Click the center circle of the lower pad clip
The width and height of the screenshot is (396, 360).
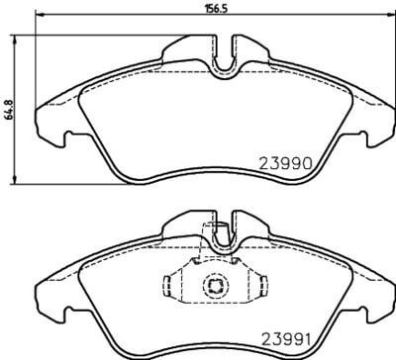click(x=215, y=287)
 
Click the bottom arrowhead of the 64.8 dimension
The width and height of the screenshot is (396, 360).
click(x=14, y=180)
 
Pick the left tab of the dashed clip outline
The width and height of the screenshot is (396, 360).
click(x=169, y=287)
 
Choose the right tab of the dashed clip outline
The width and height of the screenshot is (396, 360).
click(x=260, y=287)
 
